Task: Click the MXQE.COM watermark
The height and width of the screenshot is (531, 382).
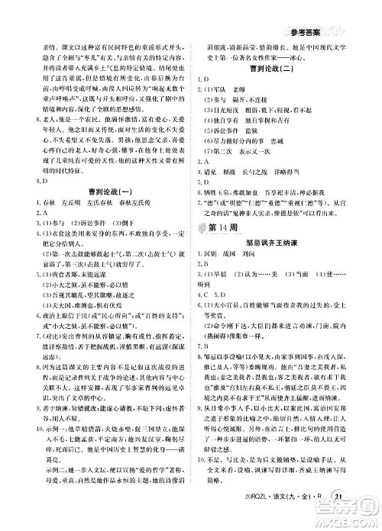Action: coord(354,521)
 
